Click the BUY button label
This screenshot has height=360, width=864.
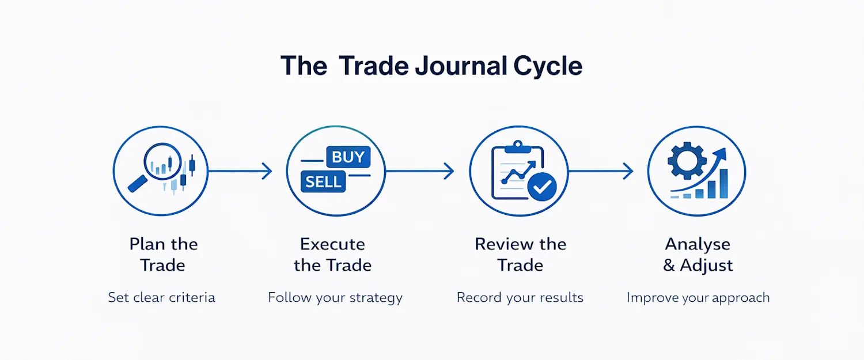348,157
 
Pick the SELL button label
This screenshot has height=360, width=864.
323,182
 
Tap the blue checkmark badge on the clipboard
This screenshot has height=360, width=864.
542,186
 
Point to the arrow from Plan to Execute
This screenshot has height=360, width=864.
239,171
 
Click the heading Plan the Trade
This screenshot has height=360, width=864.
164,254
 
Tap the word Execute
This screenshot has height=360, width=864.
332,244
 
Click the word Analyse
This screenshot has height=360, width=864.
698,244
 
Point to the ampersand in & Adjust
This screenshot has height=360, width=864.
669,266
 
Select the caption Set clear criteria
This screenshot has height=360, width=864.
162,297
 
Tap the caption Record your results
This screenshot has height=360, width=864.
520,297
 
